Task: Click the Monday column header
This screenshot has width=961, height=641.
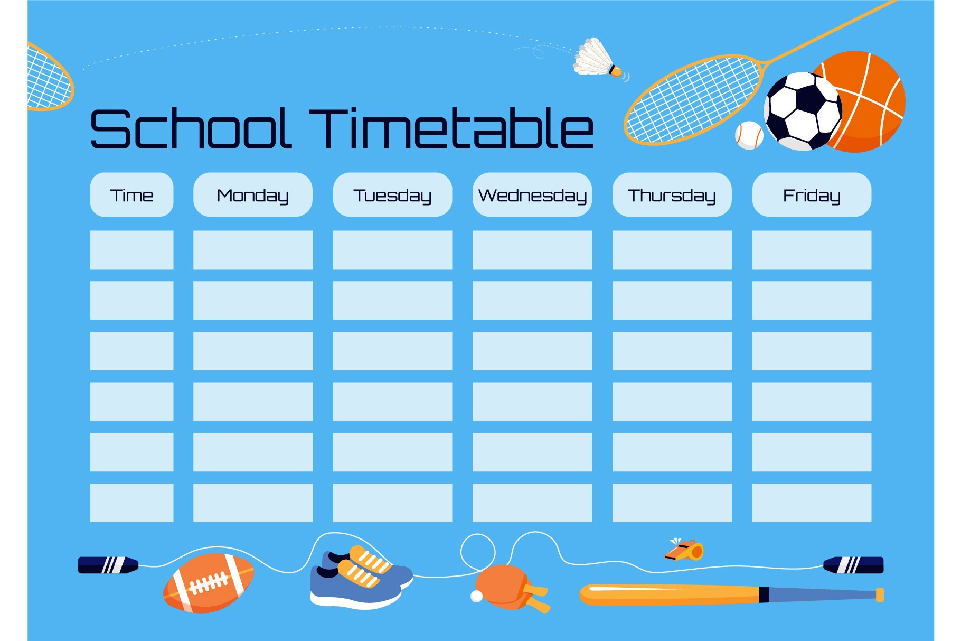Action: point(253,194)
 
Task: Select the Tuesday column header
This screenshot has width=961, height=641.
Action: point(392,194)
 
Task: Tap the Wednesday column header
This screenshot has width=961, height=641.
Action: point(532,194)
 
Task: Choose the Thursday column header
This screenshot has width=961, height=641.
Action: point(672,194)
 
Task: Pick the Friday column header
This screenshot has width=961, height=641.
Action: point(812,194)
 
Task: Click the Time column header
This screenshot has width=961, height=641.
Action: point(131,194)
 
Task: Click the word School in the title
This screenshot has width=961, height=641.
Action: point(191,128)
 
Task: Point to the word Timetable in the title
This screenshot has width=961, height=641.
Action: point(451,128)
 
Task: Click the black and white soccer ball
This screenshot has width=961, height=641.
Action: point(803,111)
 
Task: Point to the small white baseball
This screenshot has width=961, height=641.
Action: point(749,135)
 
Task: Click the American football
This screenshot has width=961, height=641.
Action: point(209,583)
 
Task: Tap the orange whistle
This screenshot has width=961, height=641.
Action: point(685,550)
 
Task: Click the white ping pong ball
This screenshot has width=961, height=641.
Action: point(477,596)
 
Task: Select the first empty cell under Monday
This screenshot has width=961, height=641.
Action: point(253,249)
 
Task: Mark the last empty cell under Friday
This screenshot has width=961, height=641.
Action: point(812,503)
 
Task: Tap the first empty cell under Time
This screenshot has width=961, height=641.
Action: point(131,249)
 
